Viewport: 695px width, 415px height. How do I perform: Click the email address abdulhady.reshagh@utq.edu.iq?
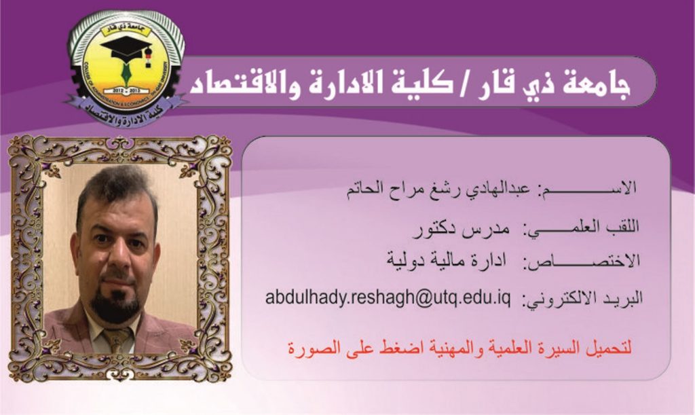pos(388,298)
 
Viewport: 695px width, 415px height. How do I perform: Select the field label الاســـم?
pos(587,188)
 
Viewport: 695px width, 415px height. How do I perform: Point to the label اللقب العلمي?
pos(581,228)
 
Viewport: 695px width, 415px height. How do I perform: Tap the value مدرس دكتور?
pos(461,229)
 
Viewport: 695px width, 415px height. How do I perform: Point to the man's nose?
pos(117,258)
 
